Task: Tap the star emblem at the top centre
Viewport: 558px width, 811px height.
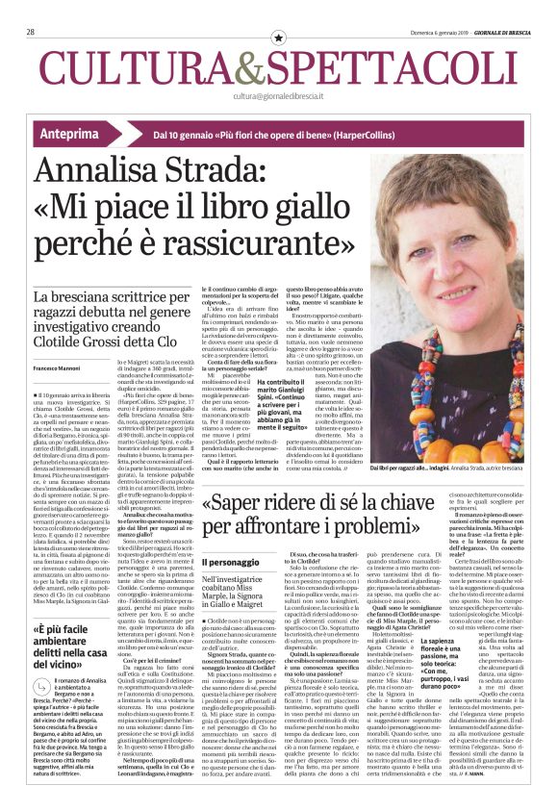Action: (x=279, y=37)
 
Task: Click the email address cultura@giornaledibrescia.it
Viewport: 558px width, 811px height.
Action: (x=279, y=96)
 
